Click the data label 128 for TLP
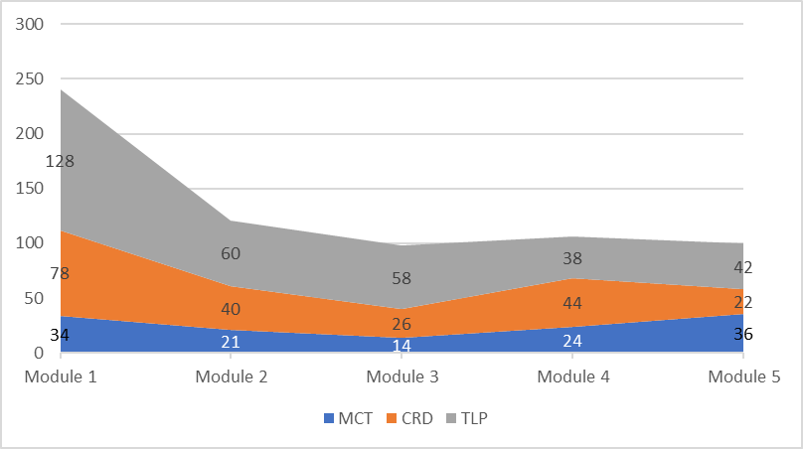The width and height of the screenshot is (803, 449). pyautogui.click(x=60, y=161)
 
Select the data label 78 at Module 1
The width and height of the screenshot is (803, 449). pyautogui.click(x=60, y=273)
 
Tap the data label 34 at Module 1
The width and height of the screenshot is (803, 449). pyautogui.click(x=60, y=335)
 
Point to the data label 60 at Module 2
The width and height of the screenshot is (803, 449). pyautogui.click(x=231, y=253)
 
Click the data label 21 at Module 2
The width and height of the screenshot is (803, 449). pyautogui.click(x=231, y=341)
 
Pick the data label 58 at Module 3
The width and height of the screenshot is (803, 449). pyautogui.click(x=401, y=278)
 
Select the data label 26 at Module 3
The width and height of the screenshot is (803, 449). pyautogui.click(x=401, y=324)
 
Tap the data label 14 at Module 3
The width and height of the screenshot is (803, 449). pyautogui.click(x=401, y=347)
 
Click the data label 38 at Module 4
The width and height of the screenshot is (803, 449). pyautogui.click(x=572, y=258)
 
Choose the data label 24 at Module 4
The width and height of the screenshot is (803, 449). pyautogui.click(x=572, y=341)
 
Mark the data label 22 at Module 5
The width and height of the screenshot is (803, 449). pyautogui.click(x=742, y=302)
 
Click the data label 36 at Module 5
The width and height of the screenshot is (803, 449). pyautogui.click(x=742, y=334)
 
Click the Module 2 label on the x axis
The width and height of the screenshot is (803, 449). pyautogui.click(x=231, y=377)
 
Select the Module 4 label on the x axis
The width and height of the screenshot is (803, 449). pyautogui.click(x=572, y=377)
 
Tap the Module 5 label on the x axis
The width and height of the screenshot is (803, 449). pyautogui.click(x=742, y=377)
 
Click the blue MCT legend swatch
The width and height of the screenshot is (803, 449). pyautogui.click(x=330, y=419)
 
